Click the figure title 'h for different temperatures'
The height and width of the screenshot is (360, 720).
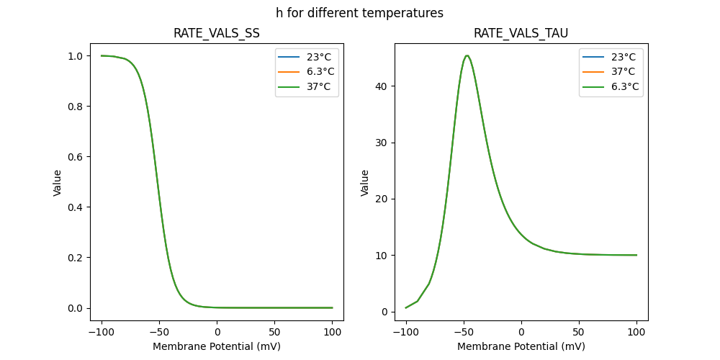click(359, 13)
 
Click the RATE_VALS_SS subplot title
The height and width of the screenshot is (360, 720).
click(217, 34)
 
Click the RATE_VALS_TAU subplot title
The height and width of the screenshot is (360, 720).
click(521, 34)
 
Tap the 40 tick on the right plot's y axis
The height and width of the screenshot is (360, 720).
click(381, 86)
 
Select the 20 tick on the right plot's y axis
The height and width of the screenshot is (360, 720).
click(381, 199)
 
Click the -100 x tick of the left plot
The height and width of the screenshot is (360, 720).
click(102, 332)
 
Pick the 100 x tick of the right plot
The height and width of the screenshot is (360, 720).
click(636, 332)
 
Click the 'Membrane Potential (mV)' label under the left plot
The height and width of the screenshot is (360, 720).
click(217, 346)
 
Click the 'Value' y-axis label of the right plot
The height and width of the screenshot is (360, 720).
click(365, 183)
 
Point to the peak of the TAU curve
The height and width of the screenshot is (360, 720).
click(467, 55)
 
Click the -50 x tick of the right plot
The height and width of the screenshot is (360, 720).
click(464, 332)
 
